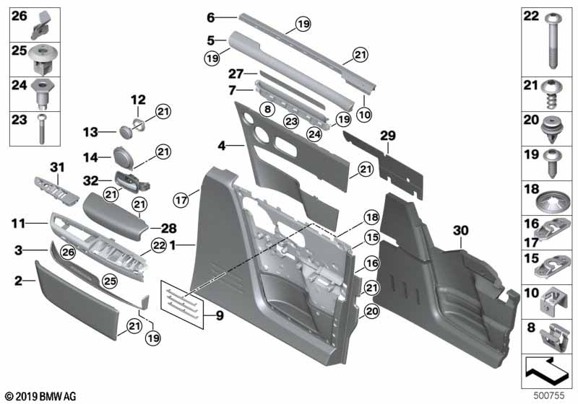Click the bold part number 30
point(460,231)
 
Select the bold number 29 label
point(388,136)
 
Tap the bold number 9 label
point(220,315)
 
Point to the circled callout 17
point(181,200)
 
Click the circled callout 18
point(371,217)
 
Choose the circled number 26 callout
point(69,252)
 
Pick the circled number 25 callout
point(109,281)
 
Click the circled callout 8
point(267,109)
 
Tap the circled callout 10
point(364,115)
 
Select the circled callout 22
point(158,245)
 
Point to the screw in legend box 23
point(42,129)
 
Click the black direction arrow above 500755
point(546,369)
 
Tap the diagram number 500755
point(549,395)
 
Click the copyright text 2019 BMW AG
point(41,396)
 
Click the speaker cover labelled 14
point(124,157)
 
